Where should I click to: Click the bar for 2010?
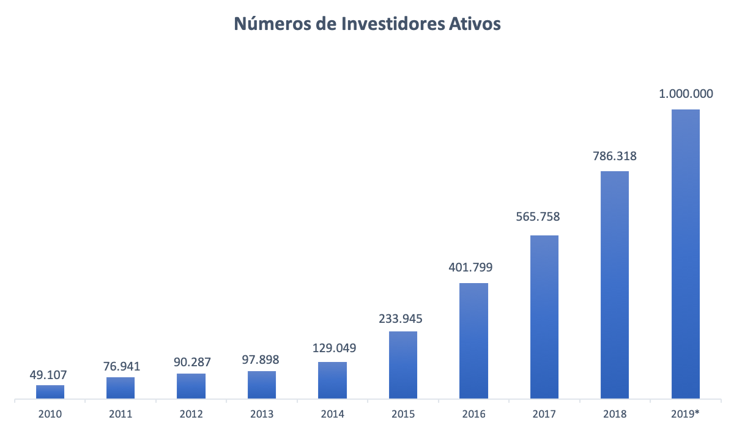[50, 392]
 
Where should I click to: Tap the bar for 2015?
[403, 365]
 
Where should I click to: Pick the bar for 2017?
[544, 317]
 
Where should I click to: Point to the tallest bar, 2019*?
[686, 254]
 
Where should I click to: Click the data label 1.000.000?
[686, 94]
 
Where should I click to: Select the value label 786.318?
[615, 156]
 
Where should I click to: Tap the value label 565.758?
[544, 216]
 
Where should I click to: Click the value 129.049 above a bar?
[333, 348]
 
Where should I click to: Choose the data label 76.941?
[121, 366]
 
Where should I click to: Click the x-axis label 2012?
[191, 414]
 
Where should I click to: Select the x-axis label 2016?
[474, 414]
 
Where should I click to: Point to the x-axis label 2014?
[333, 414]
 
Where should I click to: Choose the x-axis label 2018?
[615, 414]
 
